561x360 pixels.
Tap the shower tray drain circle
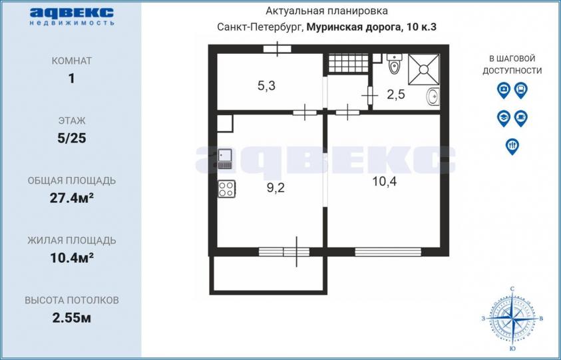[424, 69]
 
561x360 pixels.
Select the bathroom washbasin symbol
[433, 96]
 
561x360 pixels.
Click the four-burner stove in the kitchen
[226, 188]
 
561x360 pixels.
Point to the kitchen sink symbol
[225, 159]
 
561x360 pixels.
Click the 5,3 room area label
[267, 86]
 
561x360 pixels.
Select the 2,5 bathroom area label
[396, 94]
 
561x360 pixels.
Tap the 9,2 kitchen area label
[276, 188]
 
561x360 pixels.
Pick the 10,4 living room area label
[385, 182]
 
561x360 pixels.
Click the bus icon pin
[520, 90]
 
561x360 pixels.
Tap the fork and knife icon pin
[512, 146]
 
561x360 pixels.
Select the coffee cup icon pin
[520, 118]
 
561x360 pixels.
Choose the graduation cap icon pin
[503, 118]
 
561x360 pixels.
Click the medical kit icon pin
[503, 90]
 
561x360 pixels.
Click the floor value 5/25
[72, 138]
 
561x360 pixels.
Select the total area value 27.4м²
[72, 198]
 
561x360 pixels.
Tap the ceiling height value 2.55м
[72, 318]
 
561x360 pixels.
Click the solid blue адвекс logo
[72, 13]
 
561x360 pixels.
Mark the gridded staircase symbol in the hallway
[348, 63]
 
